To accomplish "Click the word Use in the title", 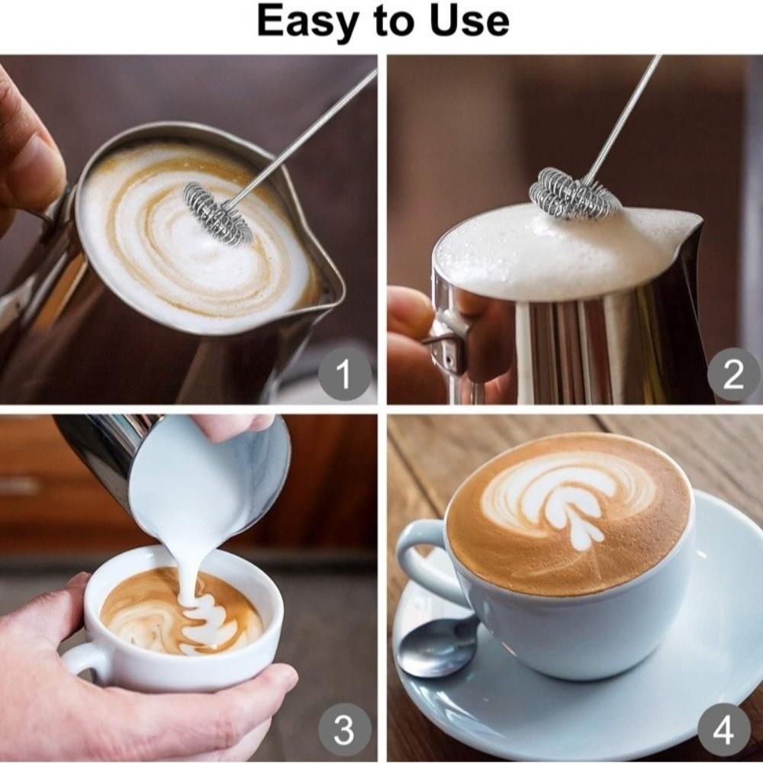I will (466, 21).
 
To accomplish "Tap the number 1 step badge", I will (343, 375).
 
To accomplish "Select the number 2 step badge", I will (732, 375).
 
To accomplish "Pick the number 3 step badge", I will (343, 730).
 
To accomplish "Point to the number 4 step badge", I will (723, 730).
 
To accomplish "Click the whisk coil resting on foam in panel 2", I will (573, 195).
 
